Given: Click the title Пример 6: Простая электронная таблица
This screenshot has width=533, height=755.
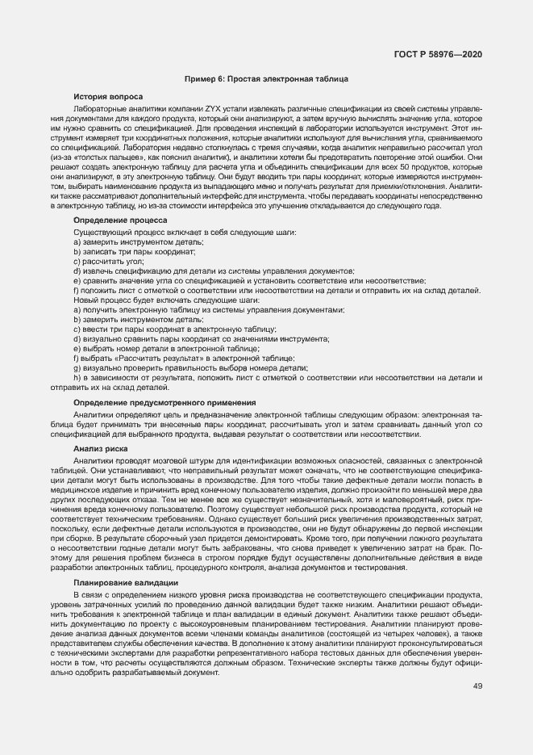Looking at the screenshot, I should tap(266, 79).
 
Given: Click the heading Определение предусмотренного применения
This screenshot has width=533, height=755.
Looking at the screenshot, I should tap(164, 402).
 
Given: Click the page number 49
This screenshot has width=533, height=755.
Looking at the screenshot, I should tap(477, 686).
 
